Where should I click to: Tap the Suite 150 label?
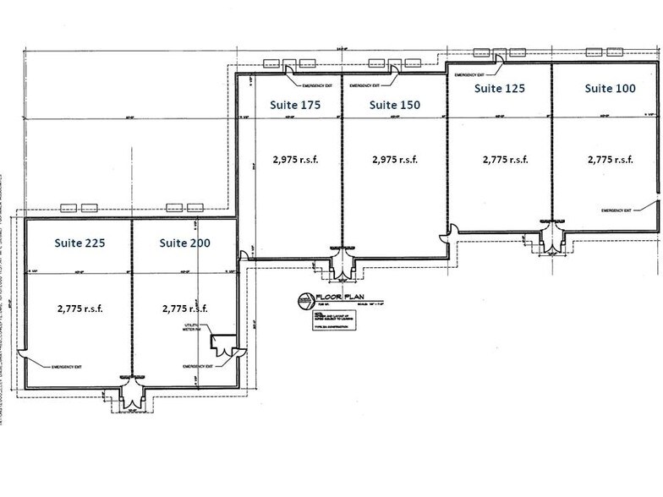coord(395,105)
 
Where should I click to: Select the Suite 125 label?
coord(500,88)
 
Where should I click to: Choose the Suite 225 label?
coord(80,243)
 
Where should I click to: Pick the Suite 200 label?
coord(185,243)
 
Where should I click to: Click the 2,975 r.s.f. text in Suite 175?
coord(295,158)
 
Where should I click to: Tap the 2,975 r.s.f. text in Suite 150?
coord(395,158)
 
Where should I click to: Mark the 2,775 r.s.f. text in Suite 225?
coord(80,309)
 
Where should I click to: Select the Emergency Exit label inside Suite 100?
coord(617,210)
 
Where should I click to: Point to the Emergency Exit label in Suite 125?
coord(474,76)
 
